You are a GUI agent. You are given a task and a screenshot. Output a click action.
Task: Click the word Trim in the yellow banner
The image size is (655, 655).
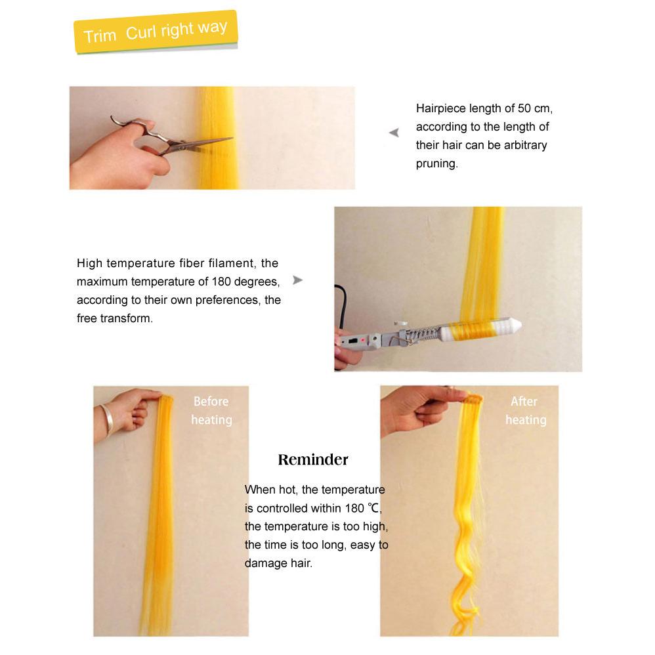[x=100, y=36]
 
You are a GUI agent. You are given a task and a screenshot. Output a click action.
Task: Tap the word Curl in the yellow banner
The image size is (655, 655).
[x=140, y=33]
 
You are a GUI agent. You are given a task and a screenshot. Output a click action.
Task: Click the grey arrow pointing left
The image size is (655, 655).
[x=394, y=133]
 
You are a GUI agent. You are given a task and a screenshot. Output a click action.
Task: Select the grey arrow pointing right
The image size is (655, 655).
[x=297, y=280]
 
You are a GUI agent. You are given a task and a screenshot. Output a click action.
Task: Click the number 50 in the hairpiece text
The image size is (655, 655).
[x=524, y=108]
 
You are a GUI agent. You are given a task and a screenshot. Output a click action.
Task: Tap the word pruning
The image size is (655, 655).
[x=436, y=164]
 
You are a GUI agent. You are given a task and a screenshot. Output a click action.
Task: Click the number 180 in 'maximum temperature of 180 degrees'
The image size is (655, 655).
[x=221, y=282]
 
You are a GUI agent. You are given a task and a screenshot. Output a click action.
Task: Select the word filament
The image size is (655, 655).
[x=232, y=263]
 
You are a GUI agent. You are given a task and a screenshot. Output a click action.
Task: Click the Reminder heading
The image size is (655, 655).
[x=313, y=459]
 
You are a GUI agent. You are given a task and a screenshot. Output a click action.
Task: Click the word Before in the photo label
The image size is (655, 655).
[x=211, y=402]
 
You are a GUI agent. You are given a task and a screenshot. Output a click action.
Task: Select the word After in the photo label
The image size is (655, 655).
[x=524, y=402]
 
